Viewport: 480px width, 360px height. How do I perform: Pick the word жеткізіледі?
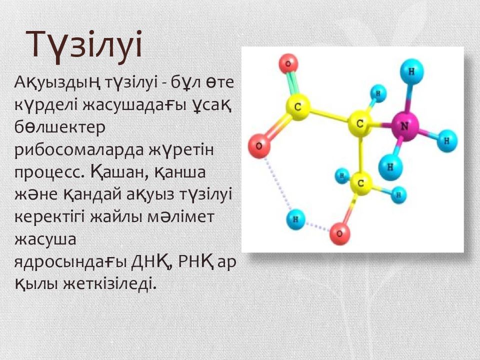click(109, 283)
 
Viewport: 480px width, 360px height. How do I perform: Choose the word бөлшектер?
click(59, 127)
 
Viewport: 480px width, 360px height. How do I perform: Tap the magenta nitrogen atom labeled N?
click(404, 126)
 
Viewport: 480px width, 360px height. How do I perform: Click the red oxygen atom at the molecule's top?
click(288, 63)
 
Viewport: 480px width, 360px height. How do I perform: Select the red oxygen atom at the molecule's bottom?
click(339, 234)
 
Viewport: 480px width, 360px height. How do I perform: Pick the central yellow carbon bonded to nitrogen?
click(360, 124)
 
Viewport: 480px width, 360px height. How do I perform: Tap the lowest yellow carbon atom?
click(361, 183)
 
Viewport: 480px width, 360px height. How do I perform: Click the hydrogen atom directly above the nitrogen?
click(411, 71)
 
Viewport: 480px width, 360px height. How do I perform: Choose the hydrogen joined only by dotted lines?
click(295, 219)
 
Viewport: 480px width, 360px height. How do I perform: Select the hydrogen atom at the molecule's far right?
click(446, 141)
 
